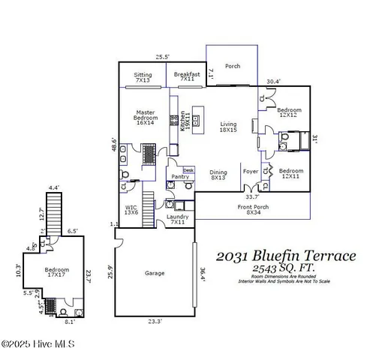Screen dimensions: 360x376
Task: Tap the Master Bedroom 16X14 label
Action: pyautogui.click(x=146, y=118)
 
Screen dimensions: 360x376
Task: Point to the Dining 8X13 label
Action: pyautogui.click(x=218, y=175)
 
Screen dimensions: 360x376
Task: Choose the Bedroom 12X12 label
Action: pyautogui.click(x=290, y=112)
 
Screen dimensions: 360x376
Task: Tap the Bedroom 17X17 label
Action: pyautogui.click(x=56, y=272)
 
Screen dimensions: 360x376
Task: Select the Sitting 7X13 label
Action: pyautogui.click(x=143, y=76)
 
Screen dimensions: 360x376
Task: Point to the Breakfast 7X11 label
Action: pyautogui.click(x=186, y=76)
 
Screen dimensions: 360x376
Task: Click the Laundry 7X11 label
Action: pyautogui.click(x=178, y=220)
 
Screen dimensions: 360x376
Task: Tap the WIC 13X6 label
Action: pyautogui.click(x=131, y=210)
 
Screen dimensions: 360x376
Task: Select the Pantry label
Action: pyautogui.click(x=179, y=177)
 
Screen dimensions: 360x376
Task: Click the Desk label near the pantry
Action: pyautogui.click(x=188, y=170)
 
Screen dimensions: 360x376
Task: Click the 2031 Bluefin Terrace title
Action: pyautogui.click(x=286, y=256)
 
